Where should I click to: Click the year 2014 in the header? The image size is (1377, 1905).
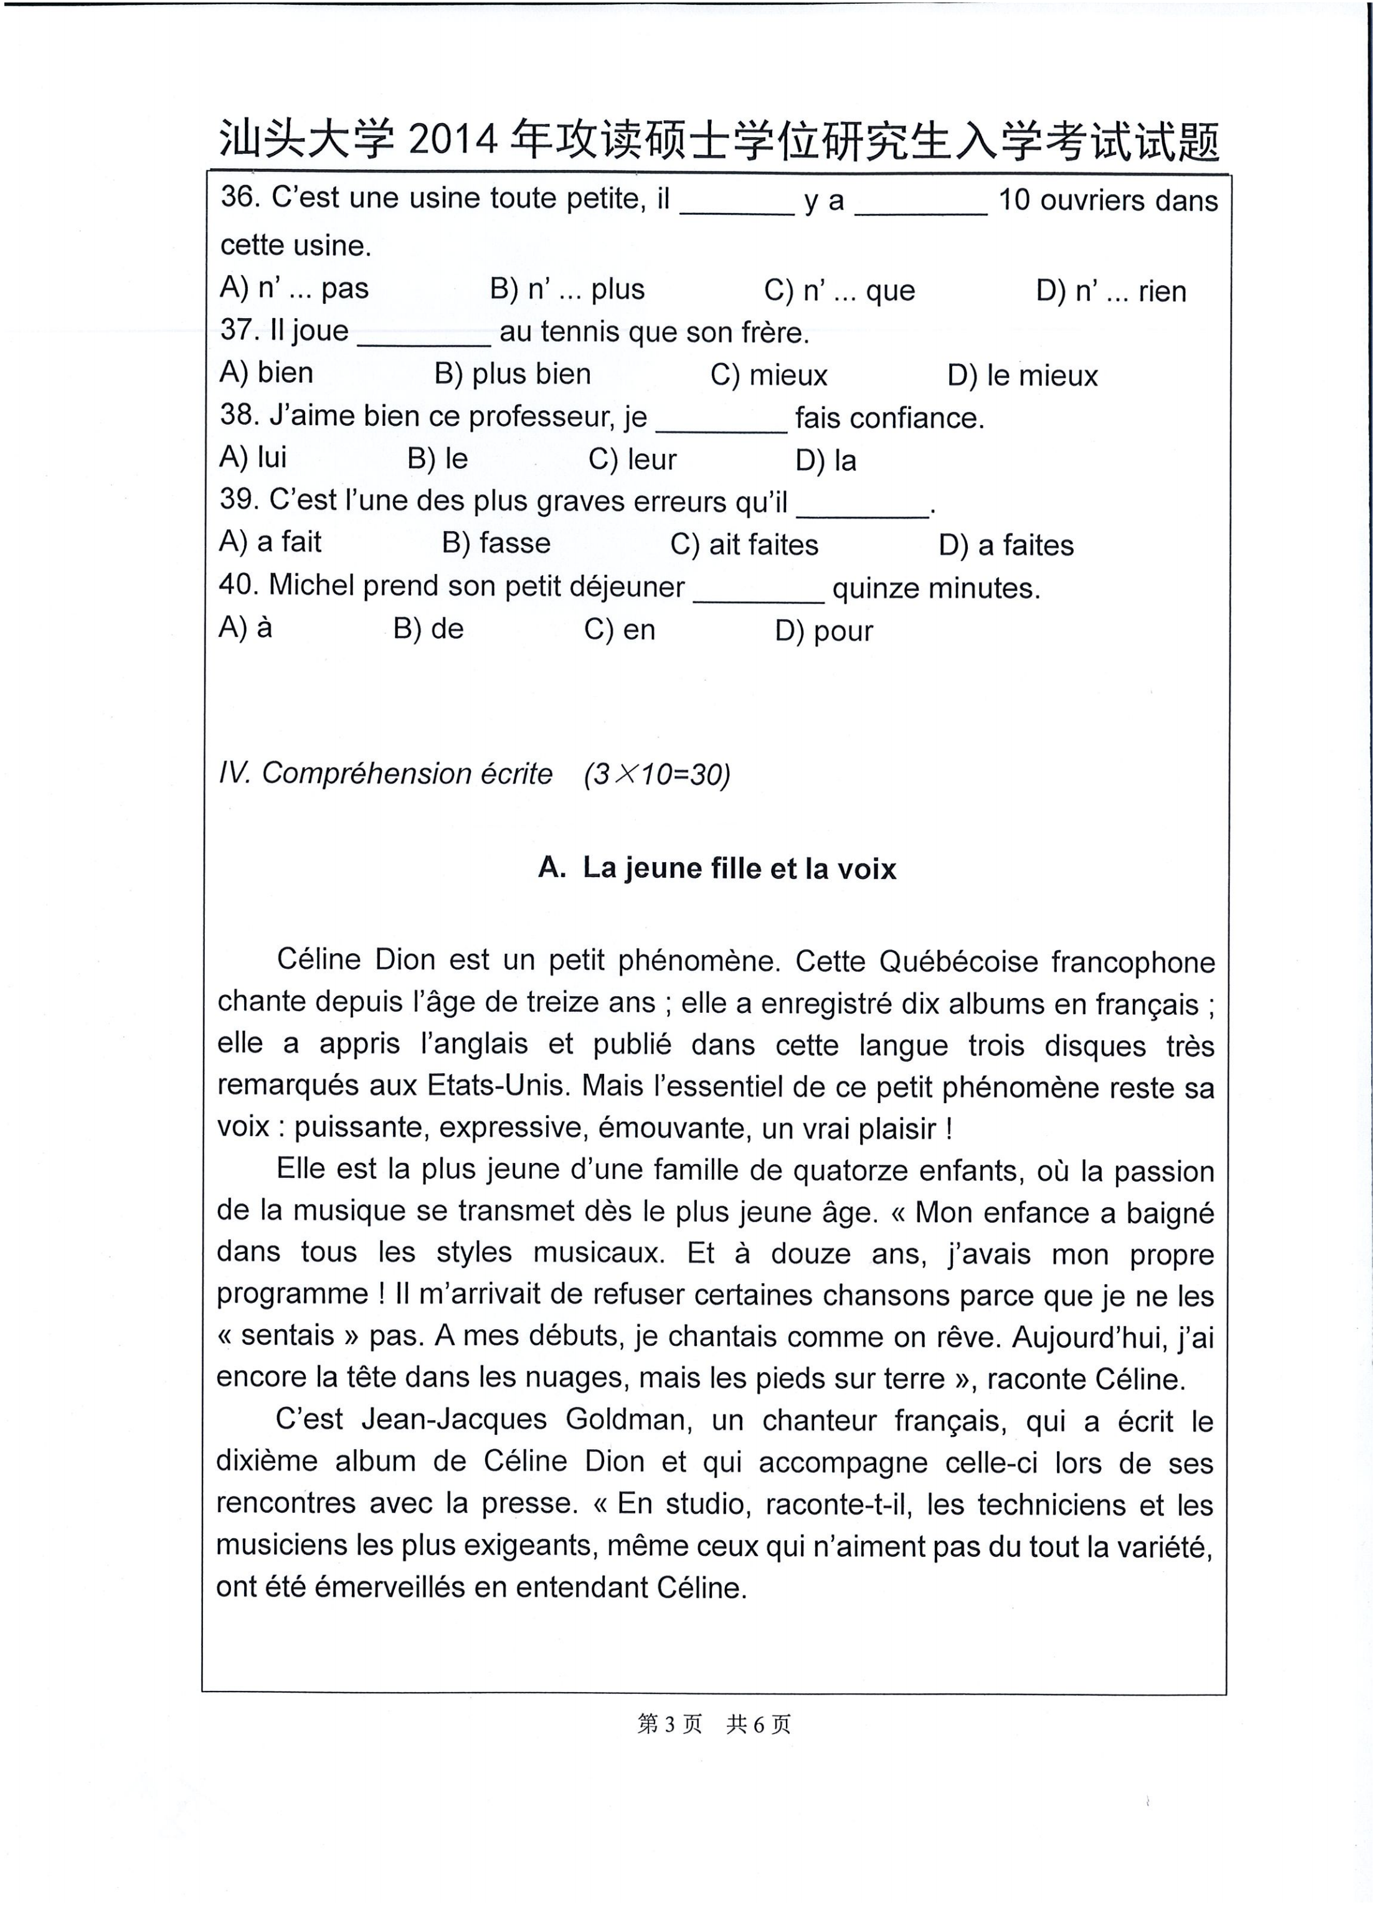coord(453,140)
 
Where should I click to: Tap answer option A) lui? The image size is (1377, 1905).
coord(253,458)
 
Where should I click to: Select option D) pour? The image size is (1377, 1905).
coord(823,630)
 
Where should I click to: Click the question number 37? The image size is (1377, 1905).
coord(238,330)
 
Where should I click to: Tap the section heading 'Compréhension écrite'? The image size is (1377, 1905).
coord(407,774)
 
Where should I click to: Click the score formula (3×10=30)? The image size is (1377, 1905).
coord(657,774)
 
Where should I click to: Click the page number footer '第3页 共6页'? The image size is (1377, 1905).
coord(714,1724)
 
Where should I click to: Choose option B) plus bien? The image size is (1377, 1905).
coord(513,374)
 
